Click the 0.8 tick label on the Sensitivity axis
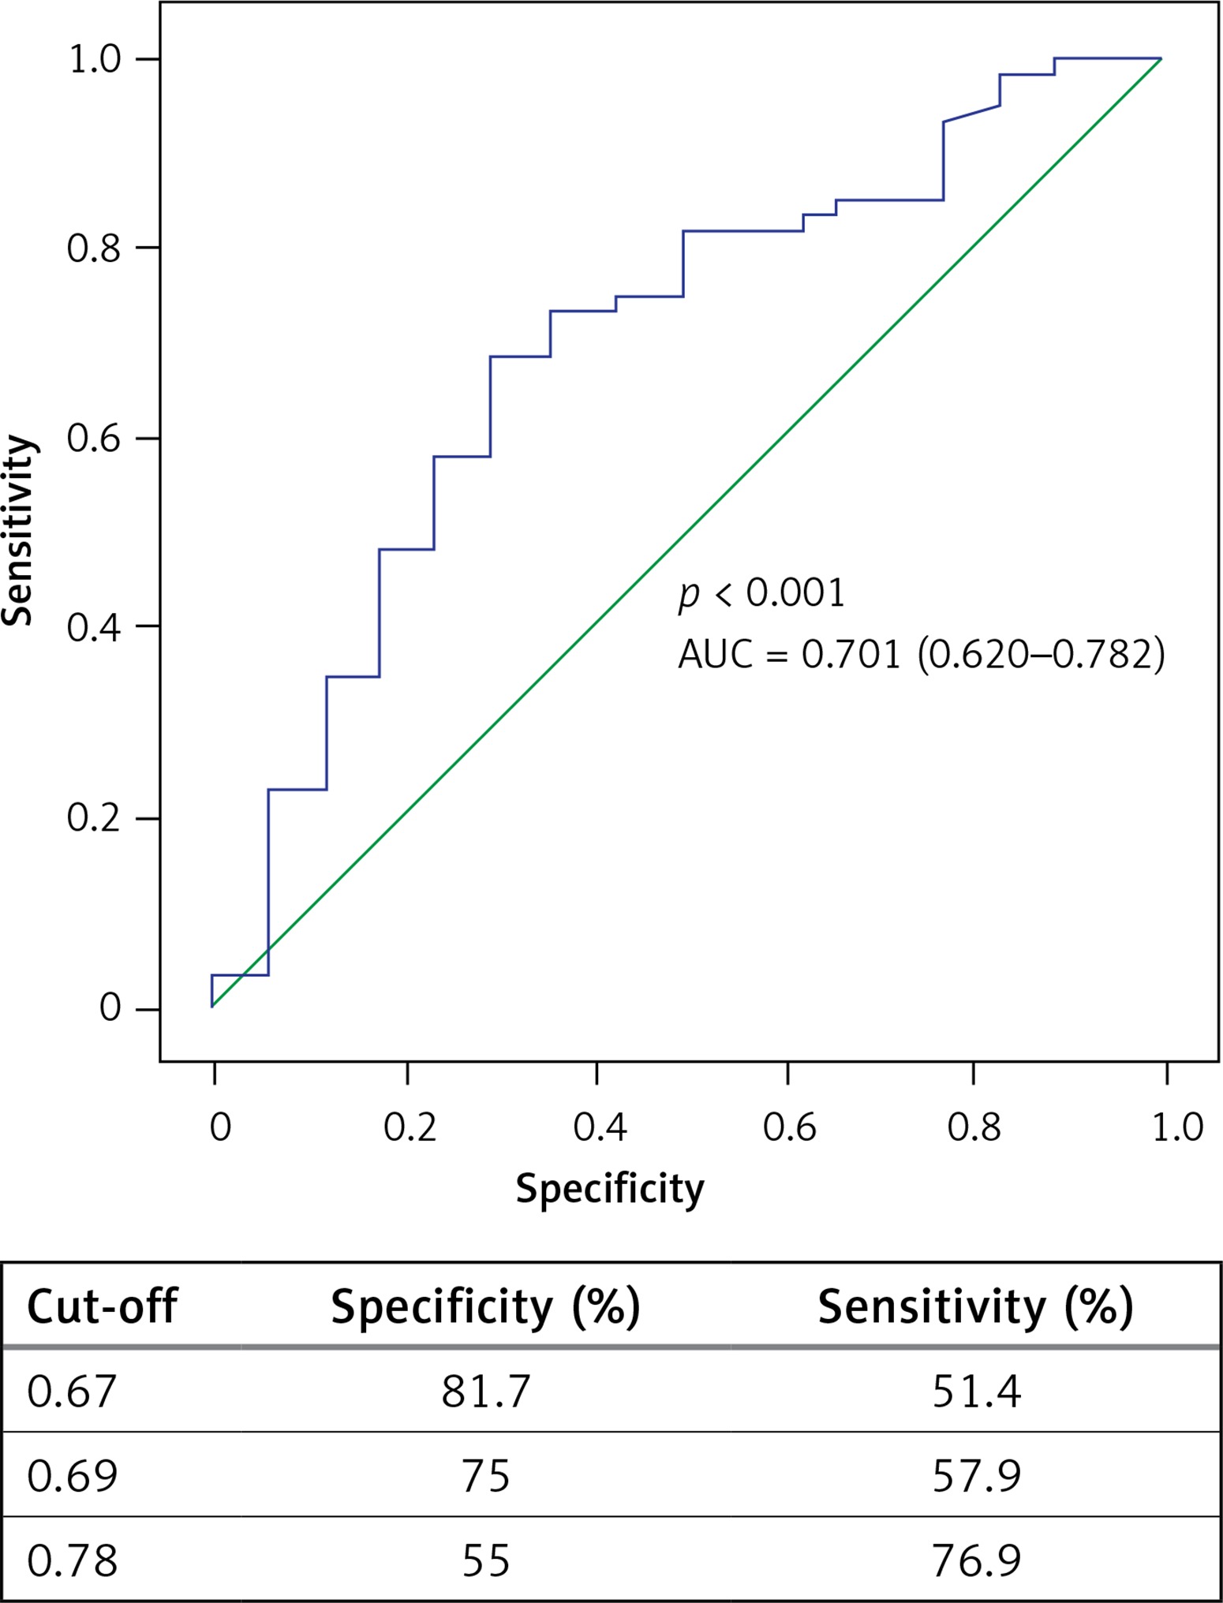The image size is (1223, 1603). [92, 248]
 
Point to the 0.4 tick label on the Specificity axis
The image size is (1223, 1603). [600, 1127]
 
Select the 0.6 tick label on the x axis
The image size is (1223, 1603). [789, 1127]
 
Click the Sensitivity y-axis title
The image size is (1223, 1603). [19, 530]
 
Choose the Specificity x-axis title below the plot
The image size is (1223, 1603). [610, 1188]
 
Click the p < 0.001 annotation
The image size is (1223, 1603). [761, 592]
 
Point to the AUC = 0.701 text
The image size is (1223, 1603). [789, 654]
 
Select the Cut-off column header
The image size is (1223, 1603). [102, 1306]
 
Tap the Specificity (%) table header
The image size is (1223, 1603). [485, 1306]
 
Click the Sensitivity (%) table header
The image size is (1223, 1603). [975, 1306]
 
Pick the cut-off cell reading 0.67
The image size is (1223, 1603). [72, 1391]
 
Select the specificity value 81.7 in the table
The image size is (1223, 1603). [485, 1391]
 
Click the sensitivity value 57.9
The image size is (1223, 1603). [976, 1475]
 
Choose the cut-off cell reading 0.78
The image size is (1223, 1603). [72, 1560]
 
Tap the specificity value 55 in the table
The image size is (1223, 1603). [485, 1560]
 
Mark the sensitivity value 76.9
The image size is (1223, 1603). [976, 1560]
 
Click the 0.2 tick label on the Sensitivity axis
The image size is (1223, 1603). [92, 818]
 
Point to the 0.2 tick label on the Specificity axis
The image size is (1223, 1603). [410, 1127]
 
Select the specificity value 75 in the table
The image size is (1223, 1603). [485, 1475]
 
